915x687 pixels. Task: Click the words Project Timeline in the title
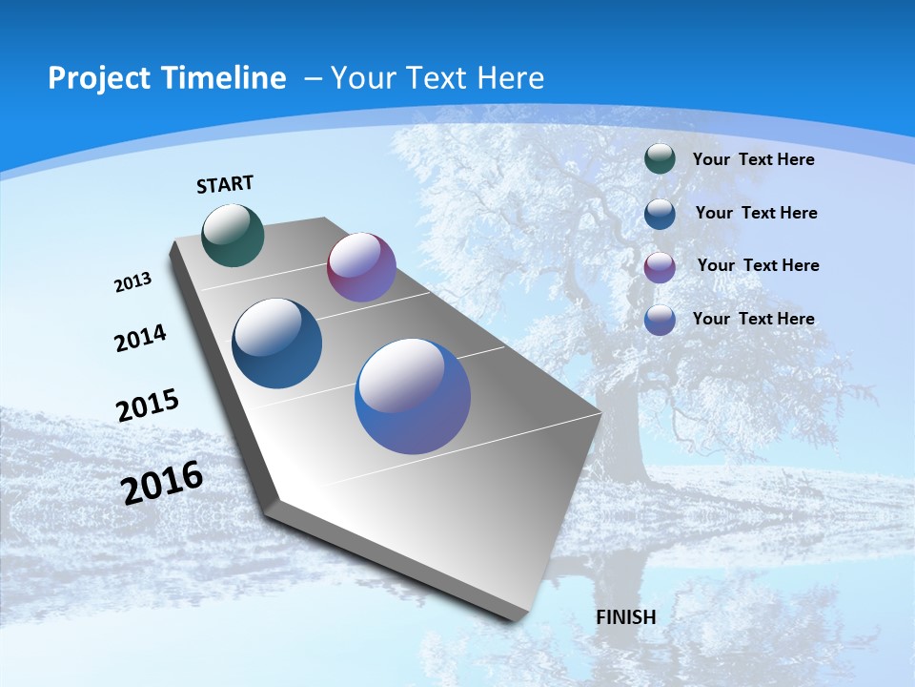[x=167, y=78]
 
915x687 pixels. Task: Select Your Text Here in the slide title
[x=437, y=78]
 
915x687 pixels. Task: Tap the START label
[x=225, y=184]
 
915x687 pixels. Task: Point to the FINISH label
[x=625, y=617]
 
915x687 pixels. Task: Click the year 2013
[x=133, y=282]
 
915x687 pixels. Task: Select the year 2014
[x=140, y=338]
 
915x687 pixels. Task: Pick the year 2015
[x=148, y=405]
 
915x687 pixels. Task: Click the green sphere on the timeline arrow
[x=234, y=235]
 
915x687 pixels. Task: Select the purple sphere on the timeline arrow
[x=361, y=267]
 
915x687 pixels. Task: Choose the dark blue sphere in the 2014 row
[x=277, y=343]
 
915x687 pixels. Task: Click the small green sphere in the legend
[x=660, y=159]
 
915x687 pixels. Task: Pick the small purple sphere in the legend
[x=660, y=266]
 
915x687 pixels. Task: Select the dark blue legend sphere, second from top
[x=660, y=214]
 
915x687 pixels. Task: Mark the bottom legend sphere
[x=660, y=320]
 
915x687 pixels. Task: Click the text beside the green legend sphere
[x=753, y=159]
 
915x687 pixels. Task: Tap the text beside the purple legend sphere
[x=758, y=265]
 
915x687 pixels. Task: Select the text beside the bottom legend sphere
[x=753, y=319]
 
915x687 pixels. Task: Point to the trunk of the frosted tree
[x=620, y=420]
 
